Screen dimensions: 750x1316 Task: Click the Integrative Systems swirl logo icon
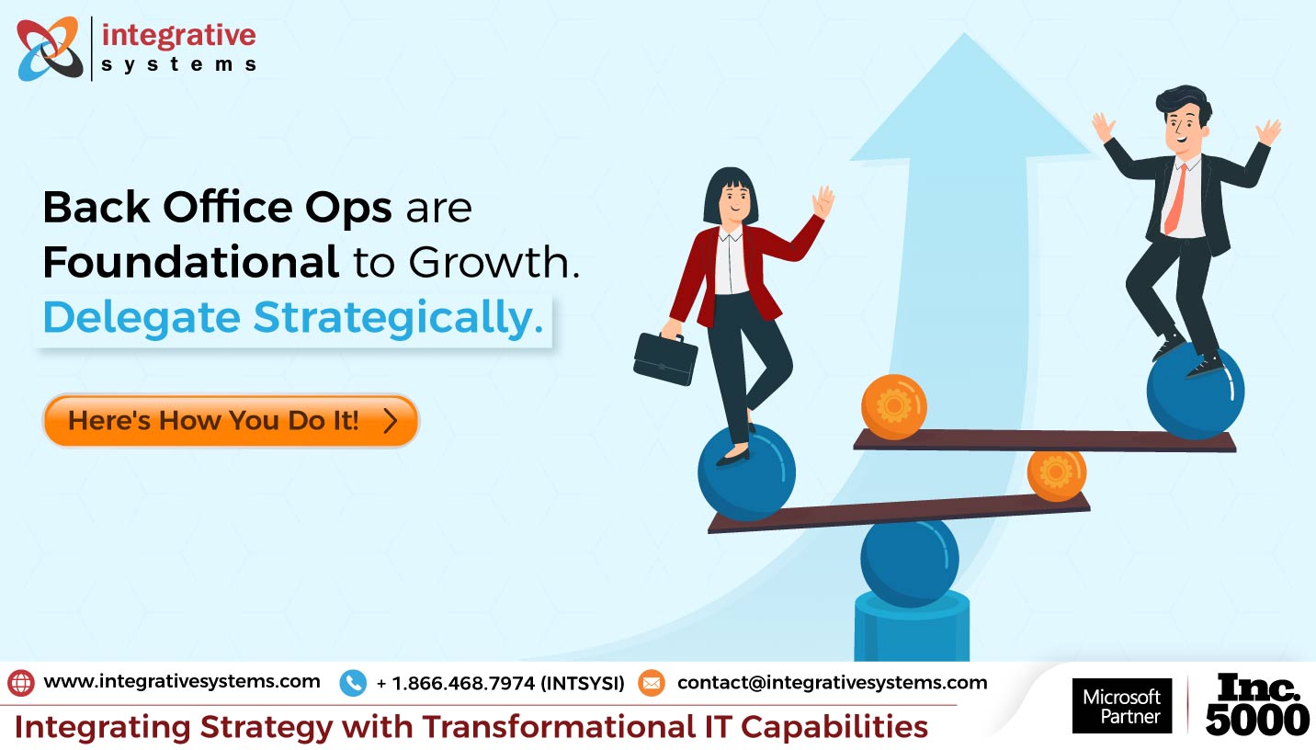(49, 48)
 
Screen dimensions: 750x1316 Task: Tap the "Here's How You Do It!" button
(230, 421)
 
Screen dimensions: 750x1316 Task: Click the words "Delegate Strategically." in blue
(292, 317)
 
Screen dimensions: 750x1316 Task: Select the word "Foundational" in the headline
(190, 263)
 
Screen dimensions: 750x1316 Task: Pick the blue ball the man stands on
(1195, 390)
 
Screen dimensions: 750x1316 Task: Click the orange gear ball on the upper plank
(893, 406)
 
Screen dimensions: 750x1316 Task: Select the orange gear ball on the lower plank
(1056, 473)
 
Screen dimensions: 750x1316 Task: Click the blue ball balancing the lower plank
(909, 562)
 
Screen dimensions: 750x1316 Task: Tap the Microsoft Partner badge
(1122, 706)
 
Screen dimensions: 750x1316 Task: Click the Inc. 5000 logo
(1257, 705)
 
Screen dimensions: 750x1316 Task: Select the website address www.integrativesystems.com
(182, 682)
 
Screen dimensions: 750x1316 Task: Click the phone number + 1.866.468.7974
(500, 683)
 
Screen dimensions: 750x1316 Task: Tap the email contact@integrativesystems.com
(832, 683)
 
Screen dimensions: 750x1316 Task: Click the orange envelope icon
(651, 683)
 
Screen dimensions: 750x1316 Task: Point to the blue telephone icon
(353, 683)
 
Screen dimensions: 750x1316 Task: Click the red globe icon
(21, 682)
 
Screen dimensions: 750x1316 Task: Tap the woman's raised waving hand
(822, 201)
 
